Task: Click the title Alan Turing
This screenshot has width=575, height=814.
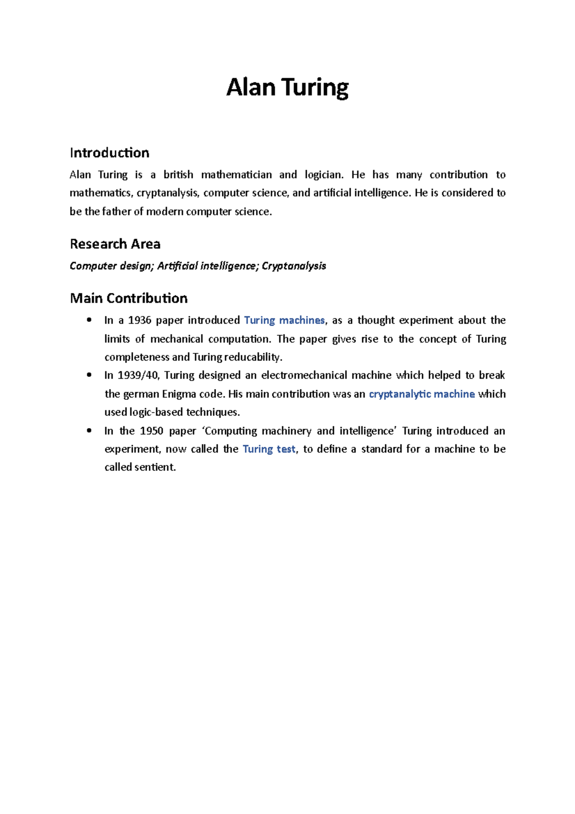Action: pos(287,88)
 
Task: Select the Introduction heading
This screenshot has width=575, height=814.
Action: pos(109,153)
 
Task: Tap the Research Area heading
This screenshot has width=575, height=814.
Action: pos(115,244)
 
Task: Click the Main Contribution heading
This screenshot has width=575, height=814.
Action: pos(128,298)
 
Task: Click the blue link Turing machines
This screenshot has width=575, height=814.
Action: pos(284,320)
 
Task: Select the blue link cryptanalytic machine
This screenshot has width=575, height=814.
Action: pos(422,394)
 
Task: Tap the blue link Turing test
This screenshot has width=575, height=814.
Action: pos(269,449)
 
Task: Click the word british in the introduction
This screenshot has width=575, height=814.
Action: pos(178,174)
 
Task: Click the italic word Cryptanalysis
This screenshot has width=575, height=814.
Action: pos(294,266)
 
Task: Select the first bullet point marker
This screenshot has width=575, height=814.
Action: pos(89,320)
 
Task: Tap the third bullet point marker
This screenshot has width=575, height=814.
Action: pos(89,431)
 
